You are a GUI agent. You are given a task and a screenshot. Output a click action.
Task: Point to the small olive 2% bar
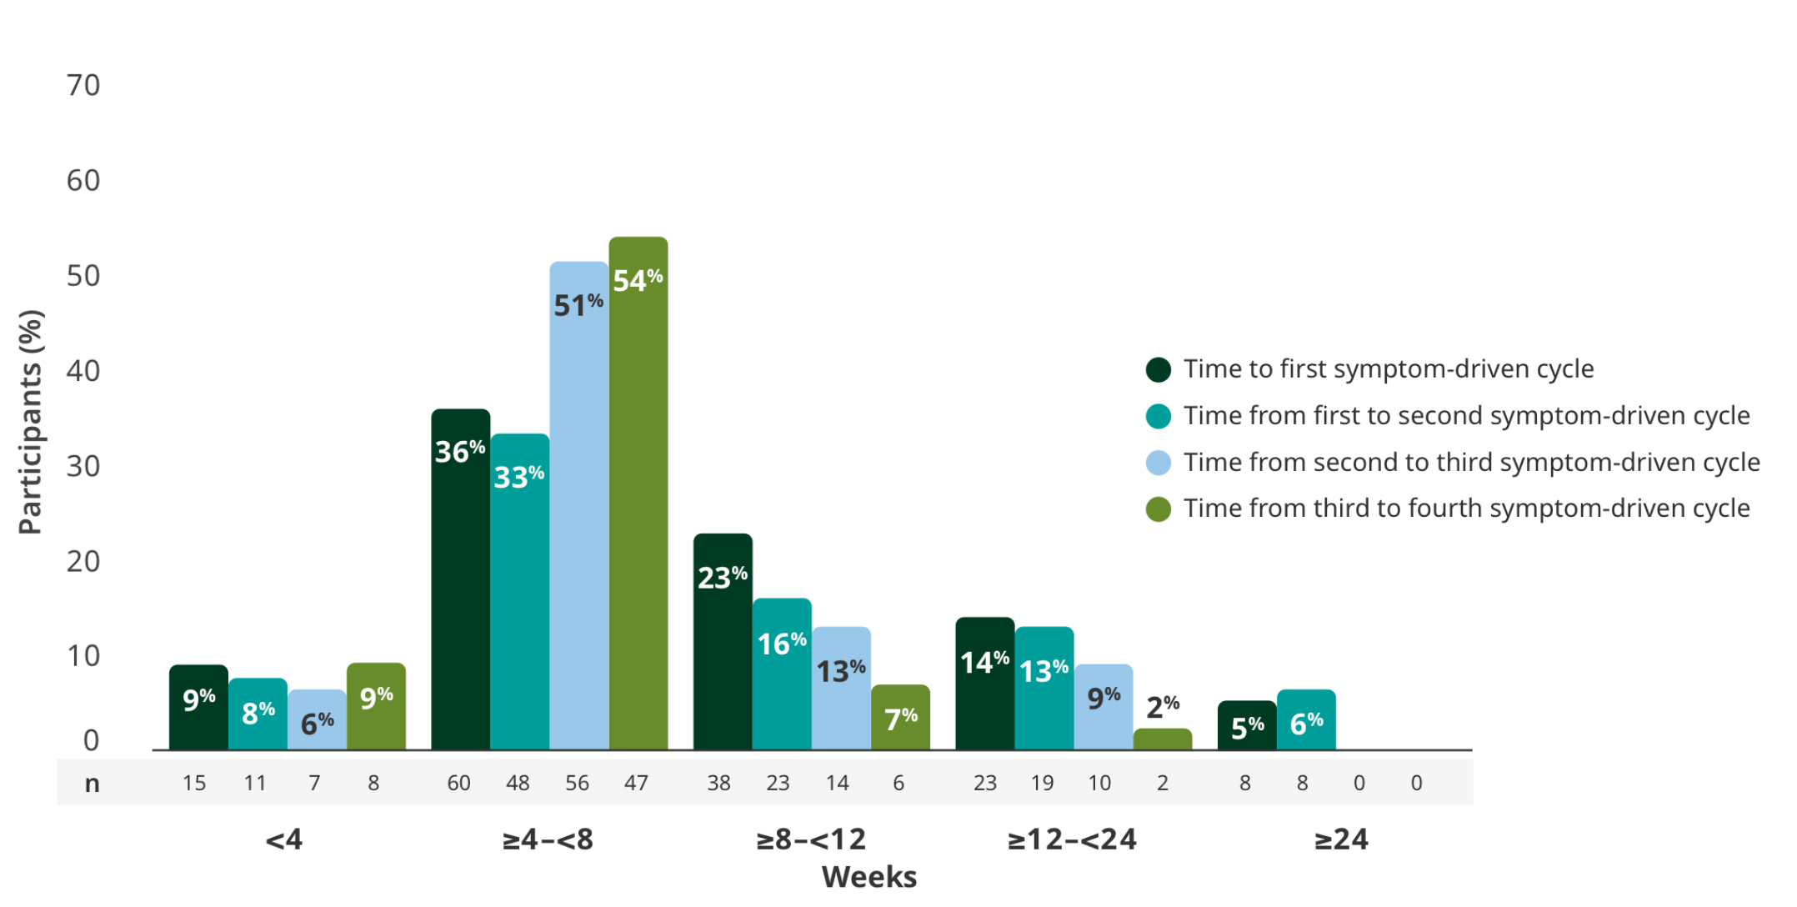[x=1163, y=739]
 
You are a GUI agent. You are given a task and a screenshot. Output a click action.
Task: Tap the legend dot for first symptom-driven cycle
[x=1159, y=369]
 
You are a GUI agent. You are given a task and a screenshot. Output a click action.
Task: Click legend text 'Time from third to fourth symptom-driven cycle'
[x=1466, y=509]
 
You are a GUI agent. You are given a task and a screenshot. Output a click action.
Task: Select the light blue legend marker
[x=1159, y=463]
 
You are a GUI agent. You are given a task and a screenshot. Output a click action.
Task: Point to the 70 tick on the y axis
[x=83, y=86]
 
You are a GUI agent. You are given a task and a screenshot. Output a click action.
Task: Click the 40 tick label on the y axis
[x=83, y=371]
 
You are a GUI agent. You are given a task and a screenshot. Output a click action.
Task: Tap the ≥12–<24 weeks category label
[x=1072, y=839]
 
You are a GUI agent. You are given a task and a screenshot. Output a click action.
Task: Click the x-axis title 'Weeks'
[x=868, y=877]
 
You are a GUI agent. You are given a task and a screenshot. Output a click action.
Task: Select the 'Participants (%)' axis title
[x=30, y=422]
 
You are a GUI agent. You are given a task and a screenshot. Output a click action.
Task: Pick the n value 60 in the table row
[x=458, y=783]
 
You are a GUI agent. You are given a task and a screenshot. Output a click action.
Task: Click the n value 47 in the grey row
[x=636, y=783]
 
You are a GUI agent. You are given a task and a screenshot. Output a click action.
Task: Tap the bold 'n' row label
[x=92, y=784]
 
